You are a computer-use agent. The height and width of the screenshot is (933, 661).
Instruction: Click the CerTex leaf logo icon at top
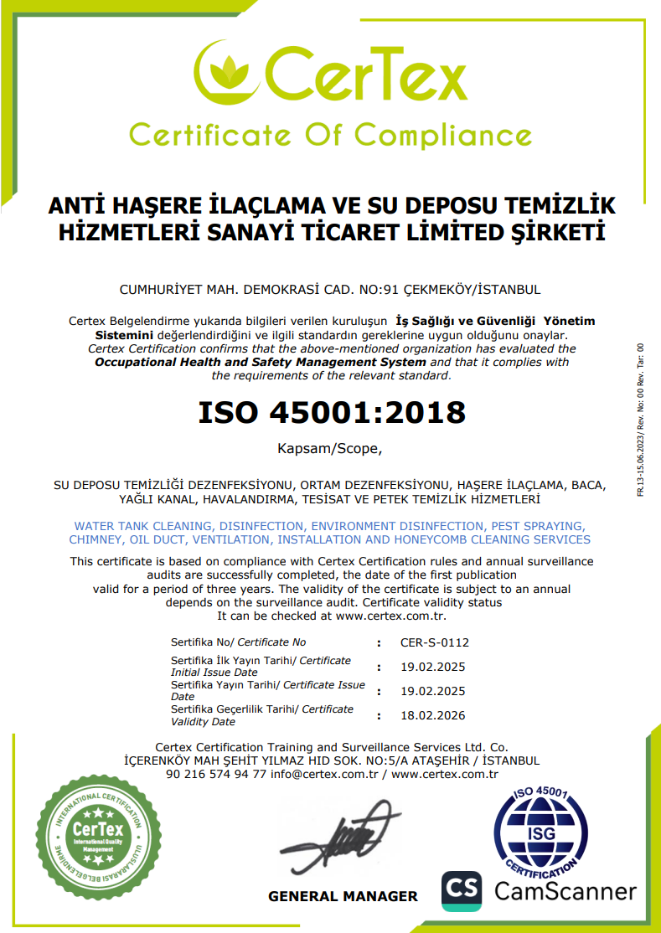pos(226,74)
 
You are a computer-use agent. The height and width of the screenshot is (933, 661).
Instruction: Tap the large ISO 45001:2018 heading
pos(331,412)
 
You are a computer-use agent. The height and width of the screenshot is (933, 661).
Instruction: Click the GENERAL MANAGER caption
pos(343,896)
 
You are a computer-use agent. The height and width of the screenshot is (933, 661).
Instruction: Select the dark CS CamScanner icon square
pos(462,891)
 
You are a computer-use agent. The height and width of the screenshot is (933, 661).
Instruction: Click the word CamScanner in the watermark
pos(565,890)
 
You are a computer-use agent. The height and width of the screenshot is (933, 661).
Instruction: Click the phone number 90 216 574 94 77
pos(216,774)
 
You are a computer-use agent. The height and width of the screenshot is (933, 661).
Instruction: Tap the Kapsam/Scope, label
pos(329,449)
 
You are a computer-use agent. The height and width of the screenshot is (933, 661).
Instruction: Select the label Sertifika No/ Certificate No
pos(238,642)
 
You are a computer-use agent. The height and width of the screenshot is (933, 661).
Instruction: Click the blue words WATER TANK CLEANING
pos(145,526)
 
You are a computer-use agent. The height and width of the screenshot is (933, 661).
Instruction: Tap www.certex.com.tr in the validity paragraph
pos(390,616)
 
